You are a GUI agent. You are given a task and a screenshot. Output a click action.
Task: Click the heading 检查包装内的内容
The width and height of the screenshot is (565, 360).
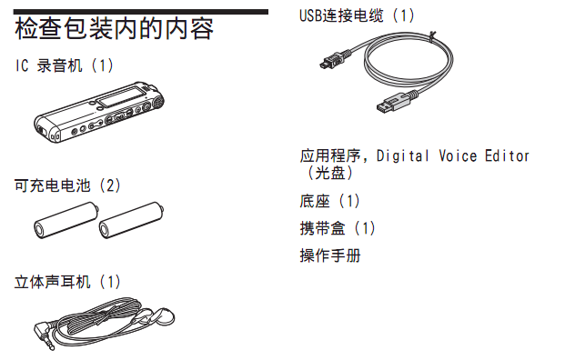(114, 29)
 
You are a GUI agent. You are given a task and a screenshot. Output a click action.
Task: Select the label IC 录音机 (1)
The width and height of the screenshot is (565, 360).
(65, 65)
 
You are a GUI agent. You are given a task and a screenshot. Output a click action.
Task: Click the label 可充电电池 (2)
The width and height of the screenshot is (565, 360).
(67, 185)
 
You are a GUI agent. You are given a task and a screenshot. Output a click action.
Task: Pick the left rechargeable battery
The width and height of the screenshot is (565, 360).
(66, 220)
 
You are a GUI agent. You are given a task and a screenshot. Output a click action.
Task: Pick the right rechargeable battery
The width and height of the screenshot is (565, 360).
(131, 220)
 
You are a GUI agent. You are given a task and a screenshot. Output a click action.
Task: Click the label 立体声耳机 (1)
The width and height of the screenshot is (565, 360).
(67, 282)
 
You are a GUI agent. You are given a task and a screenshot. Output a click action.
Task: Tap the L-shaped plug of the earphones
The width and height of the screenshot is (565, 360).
(44, 334)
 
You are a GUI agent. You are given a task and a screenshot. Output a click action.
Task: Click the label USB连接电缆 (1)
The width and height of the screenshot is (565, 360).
(357, 15)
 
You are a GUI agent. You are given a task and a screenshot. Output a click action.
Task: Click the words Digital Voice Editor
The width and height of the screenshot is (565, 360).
(453, 155)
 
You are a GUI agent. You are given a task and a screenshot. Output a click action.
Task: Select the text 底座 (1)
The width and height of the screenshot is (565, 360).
(329, 201)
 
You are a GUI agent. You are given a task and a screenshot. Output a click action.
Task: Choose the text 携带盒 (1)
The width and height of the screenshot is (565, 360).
(338, 228)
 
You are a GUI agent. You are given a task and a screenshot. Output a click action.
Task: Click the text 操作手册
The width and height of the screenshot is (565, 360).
(330, 255)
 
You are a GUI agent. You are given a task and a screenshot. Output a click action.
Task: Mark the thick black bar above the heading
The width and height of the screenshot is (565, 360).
(141, 12)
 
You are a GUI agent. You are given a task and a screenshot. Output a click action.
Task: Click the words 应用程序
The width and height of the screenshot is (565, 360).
(330, 155)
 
